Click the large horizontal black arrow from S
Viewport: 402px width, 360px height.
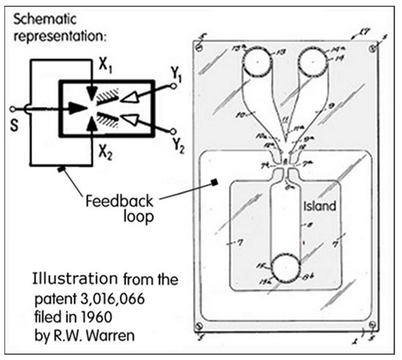(77, 110)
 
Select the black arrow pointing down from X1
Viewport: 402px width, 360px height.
(91, 96)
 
